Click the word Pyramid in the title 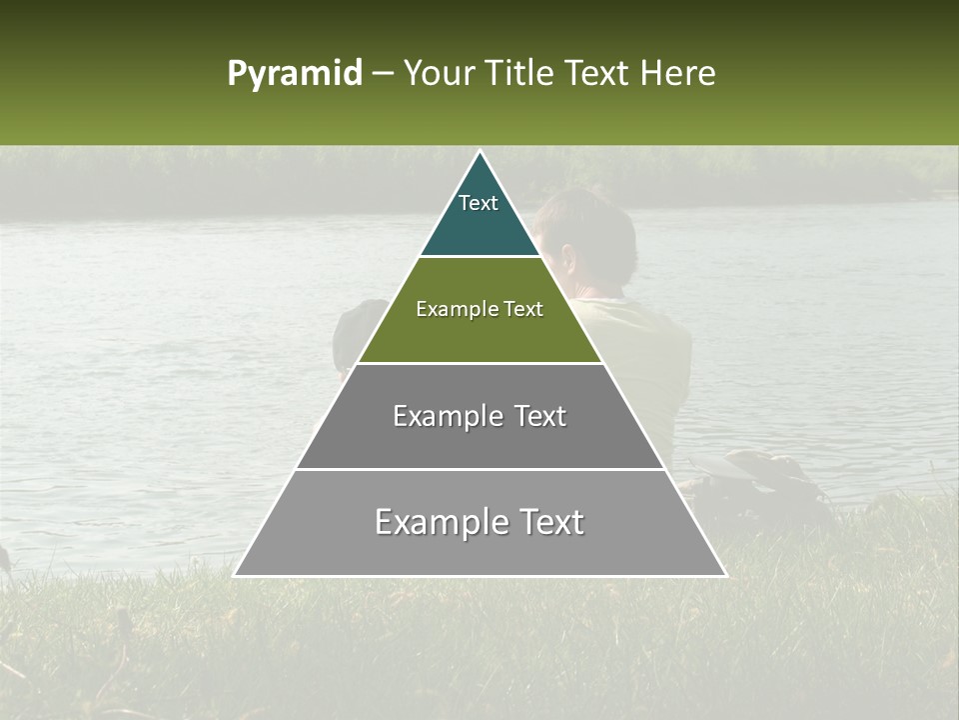click(x=294, y=74)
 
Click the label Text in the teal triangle click(x=479, y=203)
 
